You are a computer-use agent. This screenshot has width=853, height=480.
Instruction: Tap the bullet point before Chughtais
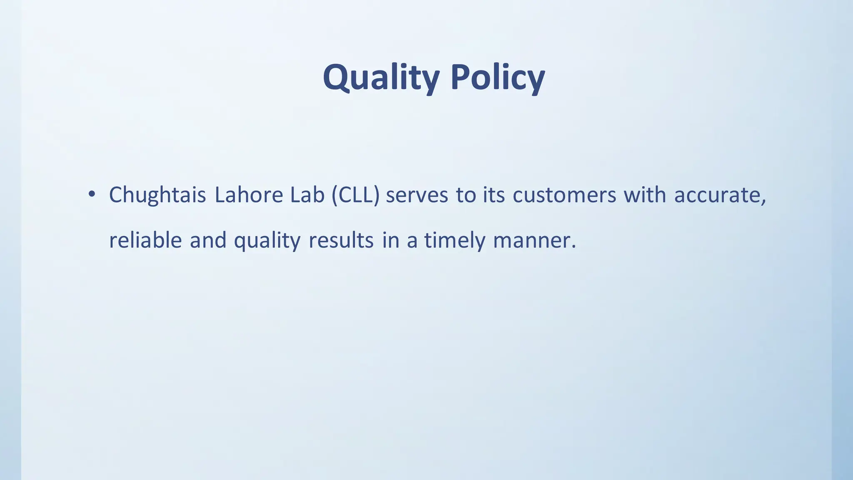click(x=92, y=194)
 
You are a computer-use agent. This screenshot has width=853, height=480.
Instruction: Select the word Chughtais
click(x=157, y=195)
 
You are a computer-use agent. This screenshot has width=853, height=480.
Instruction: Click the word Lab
click(x=307, y=195)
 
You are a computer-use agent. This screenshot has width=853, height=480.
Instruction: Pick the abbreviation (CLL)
click(x=356, y=195)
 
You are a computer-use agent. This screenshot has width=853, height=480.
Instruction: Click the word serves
click(x=417, y=195)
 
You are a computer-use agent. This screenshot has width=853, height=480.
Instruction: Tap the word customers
click(x=564, y=195)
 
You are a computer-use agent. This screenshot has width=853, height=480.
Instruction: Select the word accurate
click(x=718, y=195)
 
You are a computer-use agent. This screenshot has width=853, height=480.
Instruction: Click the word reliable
click(x=145, y=240)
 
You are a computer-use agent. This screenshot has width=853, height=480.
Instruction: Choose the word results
click(x=341, y=240)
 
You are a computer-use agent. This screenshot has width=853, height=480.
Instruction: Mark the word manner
click(x=531, y=240)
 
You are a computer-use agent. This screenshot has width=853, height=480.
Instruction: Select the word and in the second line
click(x=208, y=240)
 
